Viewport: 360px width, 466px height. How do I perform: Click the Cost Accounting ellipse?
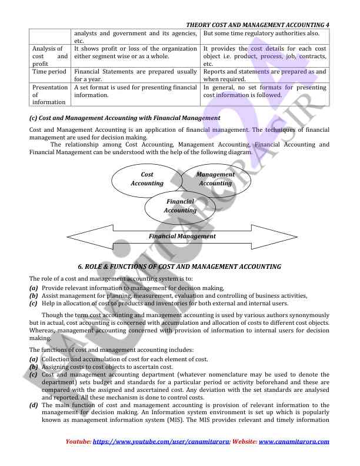(147, 179)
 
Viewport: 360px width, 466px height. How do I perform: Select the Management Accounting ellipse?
(215, 179)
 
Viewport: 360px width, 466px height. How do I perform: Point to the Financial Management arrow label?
(182, 237)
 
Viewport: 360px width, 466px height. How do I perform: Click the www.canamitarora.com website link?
(294, 441)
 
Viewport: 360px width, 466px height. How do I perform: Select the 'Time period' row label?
(49, 71)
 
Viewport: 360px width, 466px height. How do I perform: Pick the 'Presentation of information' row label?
(49, 95)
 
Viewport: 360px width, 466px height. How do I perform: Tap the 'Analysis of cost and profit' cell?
(49, 56)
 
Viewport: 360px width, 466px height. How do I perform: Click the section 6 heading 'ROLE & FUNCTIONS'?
(184, 267)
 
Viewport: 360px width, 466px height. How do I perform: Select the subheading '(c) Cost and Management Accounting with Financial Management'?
(125, 118)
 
